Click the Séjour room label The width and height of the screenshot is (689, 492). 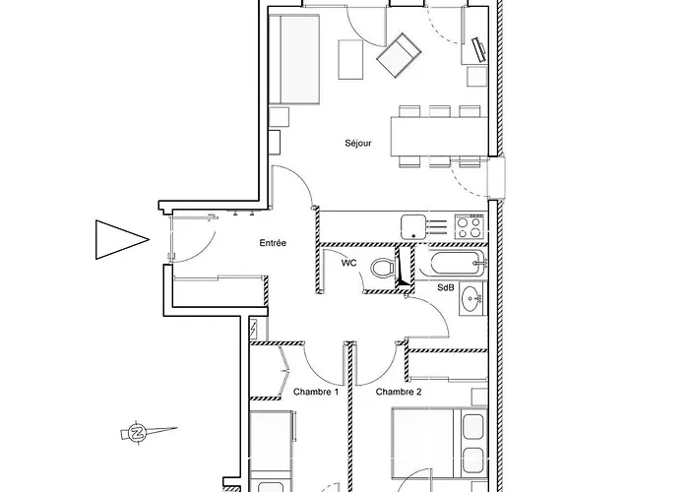[x=357, y=144]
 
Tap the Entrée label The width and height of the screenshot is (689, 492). [x=273, y=243]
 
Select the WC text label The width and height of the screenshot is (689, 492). [x=348, y=263]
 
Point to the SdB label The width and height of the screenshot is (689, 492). [x=446, y=287]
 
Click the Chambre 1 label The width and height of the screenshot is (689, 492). [x=316, y=392]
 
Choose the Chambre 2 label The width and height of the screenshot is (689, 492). [x=399, y=392]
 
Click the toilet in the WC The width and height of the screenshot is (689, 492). [x=383, y=268]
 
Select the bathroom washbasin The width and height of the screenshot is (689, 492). [x=471, y=299]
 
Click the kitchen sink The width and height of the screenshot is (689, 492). [x=413, y=227]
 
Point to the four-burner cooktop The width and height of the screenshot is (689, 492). [x=469, y=226]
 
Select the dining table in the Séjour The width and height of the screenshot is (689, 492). [x=439, y=136]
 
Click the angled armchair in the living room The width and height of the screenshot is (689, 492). [x=399, y=55]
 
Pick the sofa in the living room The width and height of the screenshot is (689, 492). [x=294, y=59]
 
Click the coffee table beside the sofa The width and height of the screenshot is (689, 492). [x=350, y=60]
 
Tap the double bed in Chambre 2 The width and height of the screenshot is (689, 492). [x=439, y=443]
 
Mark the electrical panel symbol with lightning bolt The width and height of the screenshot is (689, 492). [x=254, y=328]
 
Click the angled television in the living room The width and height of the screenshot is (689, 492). [x=479, y=50]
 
